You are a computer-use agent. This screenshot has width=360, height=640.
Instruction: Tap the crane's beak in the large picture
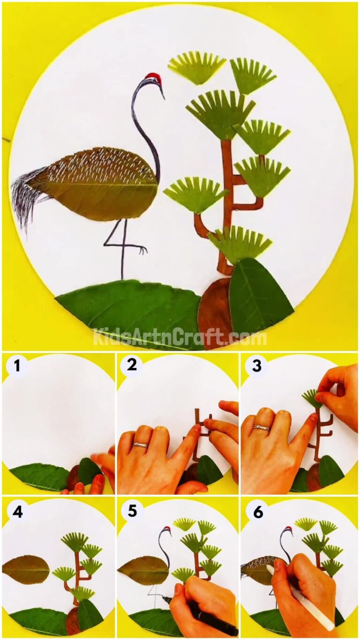(162, 92)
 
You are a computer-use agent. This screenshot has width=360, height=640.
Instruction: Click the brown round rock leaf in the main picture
(214, 312)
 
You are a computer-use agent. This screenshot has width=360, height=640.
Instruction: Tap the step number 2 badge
(132, 365)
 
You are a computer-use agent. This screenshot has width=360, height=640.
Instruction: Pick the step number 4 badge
(17, 511)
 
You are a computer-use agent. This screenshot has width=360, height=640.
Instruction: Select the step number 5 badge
(132, 511)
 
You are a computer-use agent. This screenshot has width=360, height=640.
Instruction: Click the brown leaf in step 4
(26, 569)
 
